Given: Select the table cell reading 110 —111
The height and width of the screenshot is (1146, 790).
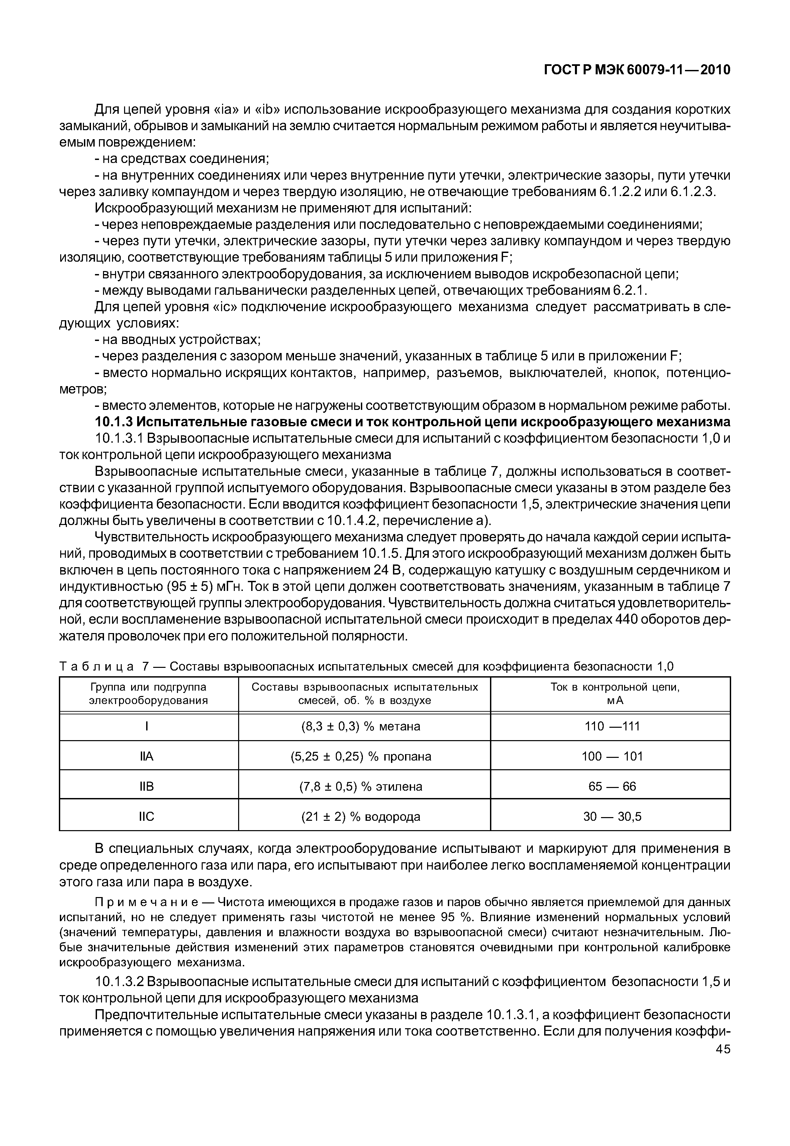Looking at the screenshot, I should [x=612, y=726].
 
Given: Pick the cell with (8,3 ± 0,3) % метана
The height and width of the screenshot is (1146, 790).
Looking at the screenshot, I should [x=361, y=726].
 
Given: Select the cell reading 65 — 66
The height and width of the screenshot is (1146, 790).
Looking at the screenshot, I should [x=612, y=786].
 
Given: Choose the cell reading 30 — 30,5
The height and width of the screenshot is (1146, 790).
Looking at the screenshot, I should [x=612, y=817].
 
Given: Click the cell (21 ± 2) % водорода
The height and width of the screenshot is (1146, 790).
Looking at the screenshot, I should [x=361, y=817].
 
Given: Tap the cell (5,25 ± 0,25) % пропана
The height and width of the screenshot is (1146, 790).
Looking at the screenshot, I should [x=361, y=756].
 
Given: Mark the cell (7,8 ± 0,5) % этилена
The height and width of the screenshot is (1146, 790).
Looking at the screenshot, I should [x=361, y=786].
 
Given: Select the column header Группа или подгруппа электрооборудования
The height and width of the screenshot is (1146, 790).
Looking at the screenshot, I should [x=148, y=693].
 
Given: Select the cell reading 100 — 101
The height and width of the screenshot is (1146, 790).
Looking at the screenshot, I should [x=612, y=756].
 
